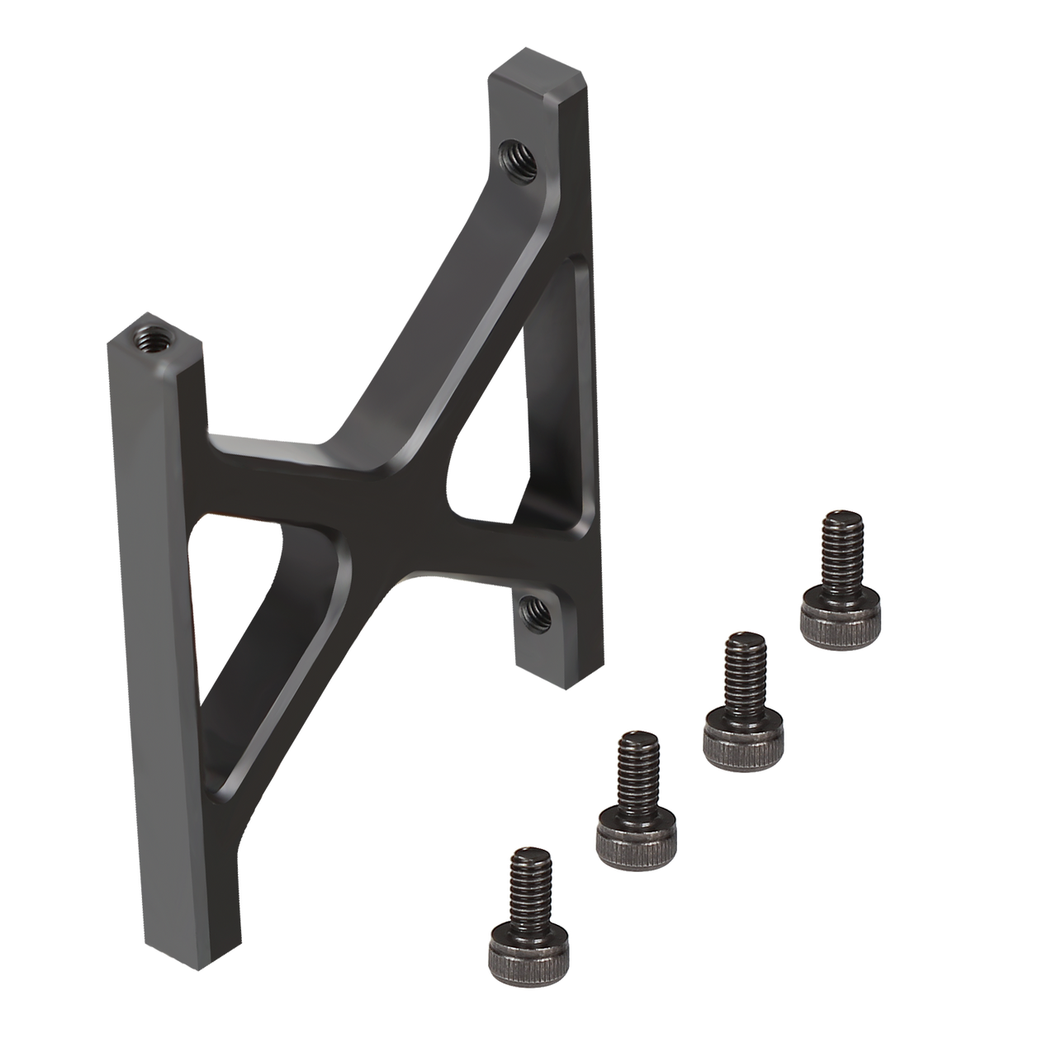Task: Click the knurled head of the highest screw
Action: [840, 616]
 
